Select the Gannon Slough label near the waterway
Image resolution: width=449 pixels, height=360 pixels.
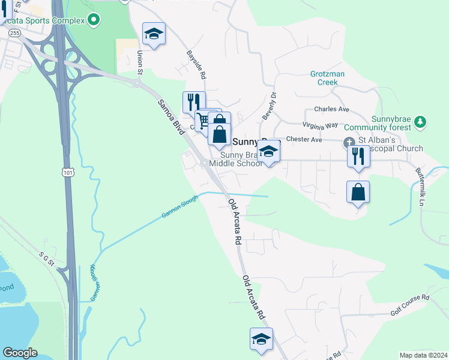tap(179, 207)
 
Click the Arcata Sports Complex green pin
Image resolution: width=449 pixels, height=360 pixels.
tap(93, 21)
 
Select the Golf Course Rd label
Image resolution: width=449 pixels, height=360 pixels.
tap(410, 304)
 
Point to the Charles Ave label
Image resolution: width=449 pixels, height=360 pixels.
tap(331, 110)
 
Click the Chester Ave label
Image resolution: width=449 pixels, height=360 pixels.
tap(304, 140)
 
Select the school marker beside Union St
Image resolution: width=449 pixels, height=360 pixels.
tap(154, 34)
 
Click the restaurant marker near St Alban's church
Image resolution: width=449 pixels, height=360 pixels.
tap(358, 156)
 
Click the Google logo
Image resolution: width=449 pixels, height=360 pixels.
tap(20, 353)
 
